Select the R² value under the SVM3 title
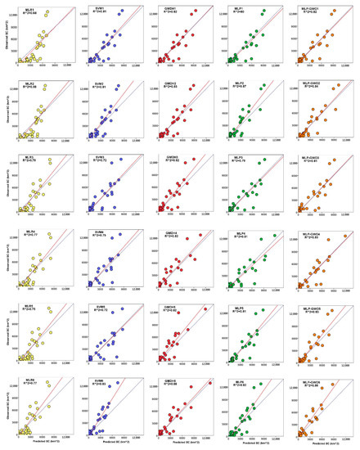tap(99, 160)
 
